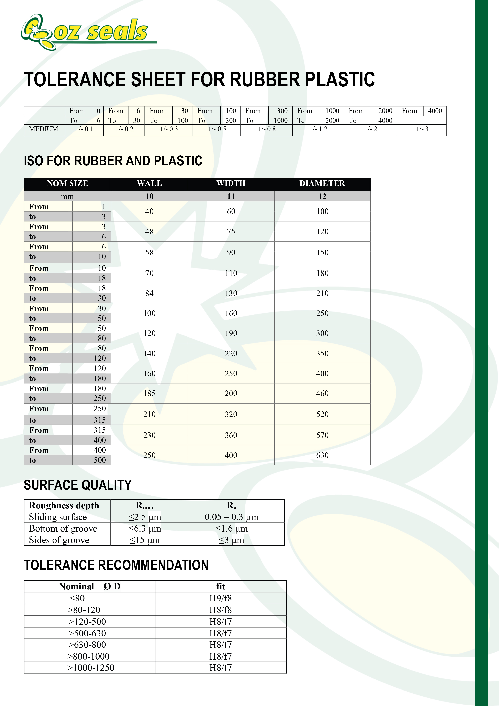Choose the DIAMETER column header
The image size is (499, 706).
tap(322, 183)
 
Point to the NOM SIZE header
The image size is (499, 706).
tap(67, 183)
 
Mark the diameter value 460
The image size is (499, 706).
tap(322, 393)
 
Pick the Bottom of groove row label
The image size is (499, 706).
tap(63, 528)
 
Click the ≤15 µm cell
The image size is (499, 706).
tap(144, 540)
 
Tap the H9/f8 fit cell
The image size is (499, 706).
tap(221, 598)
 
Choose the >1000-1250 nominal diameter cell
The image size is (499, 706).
tap(91, 668)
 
